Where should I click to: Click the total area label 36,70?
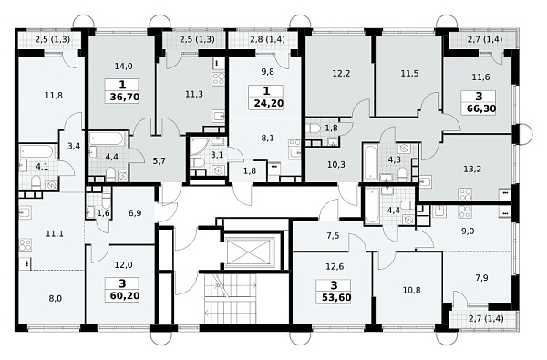click(125, 97)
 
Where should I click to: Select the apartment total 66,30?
click(481, 108)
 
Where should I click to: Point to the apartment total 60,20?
click(125, 296)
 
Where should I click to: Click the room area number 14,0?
click(123, 66)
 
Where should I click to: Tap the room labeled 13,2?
click(472, 170)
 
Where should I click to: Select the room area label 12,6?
click(335, 266)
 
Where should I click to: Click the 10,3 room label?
click(336, 164)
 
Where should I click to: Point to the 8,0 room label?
click(56, 298)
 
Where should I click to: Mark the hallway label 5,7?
click(159, 161)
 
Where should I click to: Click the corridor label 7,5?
click(333, 236)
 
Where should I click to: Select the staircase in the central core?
click(231, 299)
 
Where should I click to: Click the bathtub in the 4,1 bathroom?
click(37, 151)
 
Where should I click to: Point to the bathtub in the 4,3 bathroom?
click(370, 162)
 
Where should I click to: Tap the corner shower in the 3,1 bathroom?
click(198, 146)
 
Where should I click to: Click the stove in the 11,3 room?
click(218, 79)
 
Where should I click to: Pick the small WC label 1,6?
click(103, 212)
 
